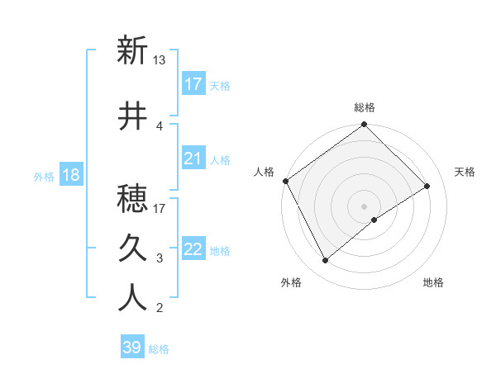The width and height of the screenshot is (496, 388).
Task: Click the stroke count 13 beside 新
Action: [160, 60]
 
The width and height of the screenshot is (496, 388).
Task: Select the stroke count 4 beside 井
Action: [159, 125]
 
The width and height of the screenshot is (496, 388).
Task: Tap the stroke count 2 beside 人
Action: [159, 309]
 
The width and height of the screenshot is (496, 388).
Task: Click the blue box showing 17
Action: [193, 84]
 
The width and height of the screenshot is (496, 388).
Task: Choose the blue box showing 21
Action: [193, 159]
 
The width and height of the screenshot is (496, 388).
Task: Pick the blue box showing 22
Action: [193, 249]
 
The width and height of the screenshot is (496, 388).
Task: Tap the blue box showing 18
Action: [70, 175]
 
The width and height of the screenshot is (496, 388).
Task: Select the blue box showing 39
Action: [132, 348]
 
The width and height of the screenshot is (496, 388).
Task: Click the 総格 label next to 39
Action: [160, 349]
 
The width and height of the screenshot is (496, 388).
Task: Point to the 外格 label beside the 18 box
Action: [44, 176]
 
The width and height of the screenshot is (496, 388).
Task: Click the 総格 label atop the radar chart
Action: [365, 107]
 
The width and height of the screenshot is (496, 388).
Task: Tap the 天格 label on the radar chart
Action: [465, 172]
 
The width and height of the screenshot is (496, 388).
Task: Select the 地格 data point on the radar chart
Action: [374, 220]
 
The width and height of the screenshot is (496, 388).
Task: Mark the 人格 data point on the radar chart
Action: [285, 181]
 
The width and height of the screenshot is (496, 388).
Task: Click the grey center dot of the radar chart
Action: [365, 206]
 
